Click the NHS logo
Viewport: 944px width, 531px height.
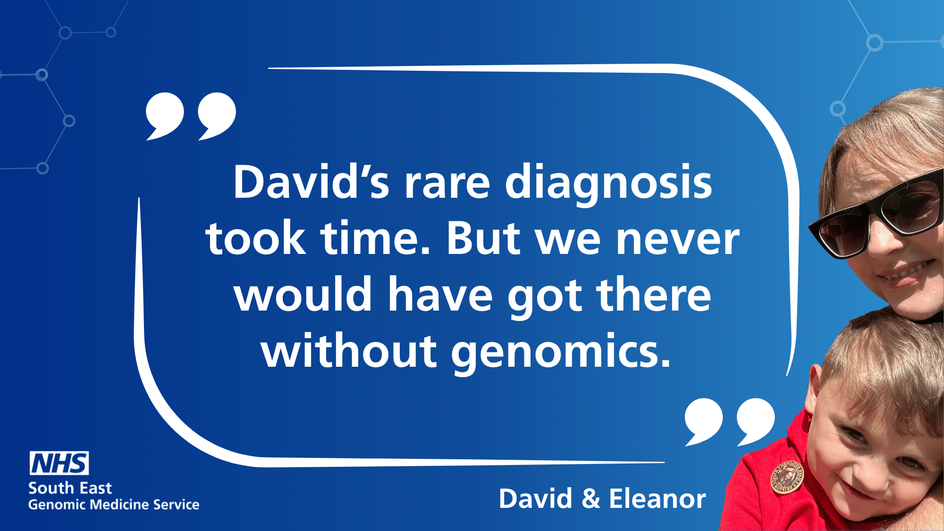tap(59, 463)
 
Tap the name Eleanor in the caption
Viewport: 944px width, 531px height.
tap(657, 498)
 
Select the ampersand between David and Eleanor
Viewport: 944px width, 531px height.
tap(591, 499)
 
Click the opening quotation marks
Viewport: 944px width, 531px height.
tap(191, 116)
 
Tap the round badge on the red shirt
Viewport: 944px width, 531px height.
tap(787, 477)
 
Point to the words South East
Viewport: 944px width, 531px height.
tap(70, 488)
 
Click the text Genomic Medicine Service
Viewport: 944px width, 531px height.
tap(114, 505)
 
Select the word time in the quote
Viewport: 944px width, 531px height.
tap(376, 238)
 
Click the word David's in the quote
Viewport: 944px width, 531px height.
tap(312, 182)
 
